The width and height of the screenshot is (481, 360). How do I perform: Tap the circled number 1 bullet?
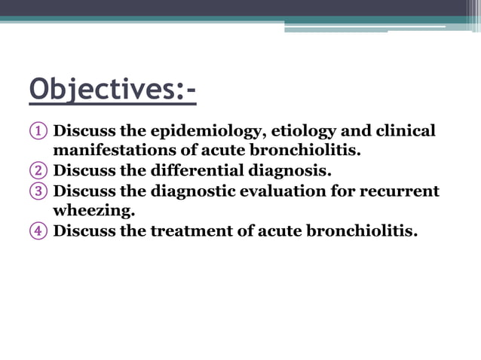coord(38,132)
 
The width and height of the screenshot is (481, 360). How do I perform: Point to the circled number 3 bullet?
coord(38,191)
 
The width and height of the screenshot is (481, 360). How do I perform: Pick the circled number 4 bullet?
coord(38,230)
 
